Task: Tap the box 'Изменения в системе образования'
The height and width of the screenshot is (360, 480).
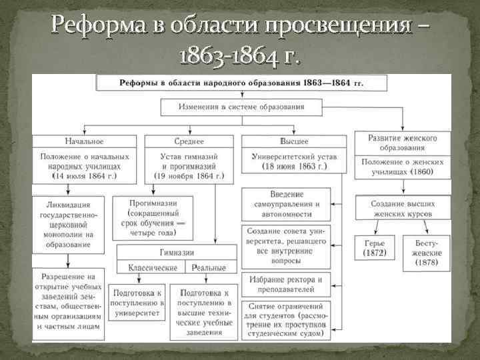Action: [241, 106]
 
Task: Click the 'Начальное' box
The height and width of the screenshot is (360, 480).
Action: [85, 141]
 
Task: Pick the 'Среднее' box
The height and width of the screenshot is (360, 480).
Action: [189, 141]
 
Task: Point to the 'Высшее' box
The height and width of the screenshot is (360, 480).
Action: [294, 141]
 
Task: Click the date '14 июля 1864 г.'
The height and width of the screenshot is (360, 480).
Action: [84, 177]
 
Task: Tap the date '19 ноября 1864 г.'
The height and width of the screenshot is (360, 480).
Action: [189, 177]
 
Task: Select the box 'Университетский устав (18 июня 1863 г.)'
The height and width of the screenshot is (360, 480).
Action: [294, 161]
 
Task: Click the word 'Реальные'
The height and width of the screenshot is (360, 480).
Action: [209, 267]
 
